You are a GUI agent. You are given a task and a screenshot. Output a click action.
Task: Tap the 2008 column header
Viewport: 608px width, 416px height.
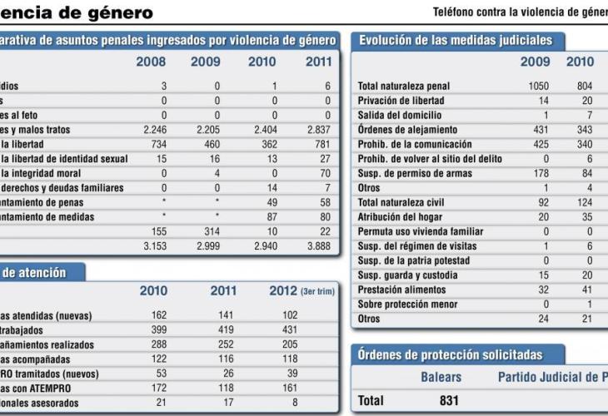coord(151,62)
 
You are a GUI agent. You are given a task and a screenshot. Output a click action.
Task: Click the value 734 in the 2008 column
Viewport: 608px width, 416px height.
coord(157,144)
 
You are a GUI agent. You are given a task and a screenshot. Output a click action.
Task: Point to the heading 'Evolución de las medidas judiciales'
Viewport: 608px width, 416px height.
coord(455,40)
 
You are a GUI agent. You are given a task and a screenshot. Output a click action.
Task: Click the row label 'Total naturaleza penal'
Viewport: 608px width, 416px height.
coord(404,87)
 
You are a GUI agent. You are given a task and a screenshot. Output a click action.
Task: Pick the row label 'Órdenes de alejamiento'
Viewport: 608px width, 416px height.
coord(407,130)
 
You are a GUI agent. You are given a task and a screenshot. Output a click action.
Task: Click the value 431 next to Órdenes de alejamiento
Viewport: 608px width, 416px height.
coord(540,130)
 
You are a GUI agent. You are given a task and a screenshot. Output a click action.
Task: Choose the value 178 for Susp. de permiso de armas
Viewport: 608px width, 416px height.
coord(540,173)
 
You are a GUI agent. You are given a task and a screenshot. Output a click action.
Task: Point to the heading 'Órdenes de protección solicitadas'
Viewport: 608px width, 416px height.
coord(450,355)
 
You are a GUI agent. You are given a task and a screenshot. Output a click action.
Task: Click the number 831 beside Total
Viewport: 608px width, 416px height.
coord(449,401)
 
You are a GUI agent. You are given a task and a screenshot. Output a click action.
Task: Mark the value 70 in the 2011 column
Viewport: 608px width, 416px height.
coord(323,173)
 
